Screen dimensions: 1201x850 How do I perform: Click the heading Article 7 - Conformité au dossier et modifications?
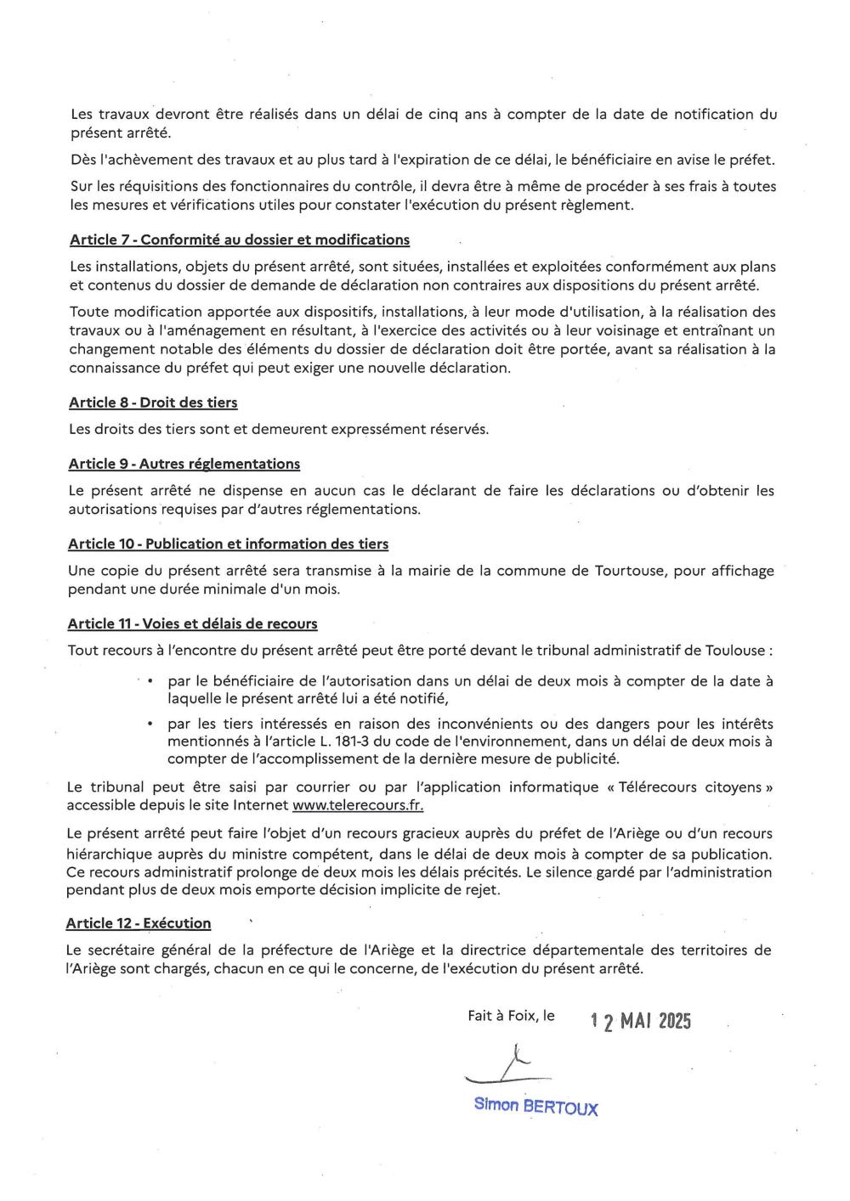tap(240, 240)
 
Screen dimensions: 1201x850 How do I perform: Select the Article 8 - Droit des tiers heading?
tap(153, 403)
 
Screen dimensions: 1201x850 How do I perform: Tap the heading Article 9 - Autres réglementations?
tap(184, 464)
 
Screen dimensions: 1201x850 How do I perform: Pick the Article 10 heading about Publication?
tap(228, 544)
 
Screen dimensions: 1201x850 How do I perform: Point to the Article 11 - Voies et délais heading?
tap(192, 624)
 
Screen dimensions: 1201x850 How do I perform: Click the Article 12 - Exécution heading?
tap(139, 923)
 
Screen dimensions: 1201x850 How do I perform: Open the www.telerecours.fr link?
tap(358, 805)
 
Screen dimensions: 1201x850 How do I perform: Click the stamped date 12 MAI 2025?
tap(641, 1021)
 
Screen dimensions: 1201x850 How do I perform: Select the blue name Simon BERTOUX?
tap(535, 1107)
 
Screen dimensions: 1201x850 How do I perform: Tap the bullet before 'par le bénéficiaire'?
tap(150, 681)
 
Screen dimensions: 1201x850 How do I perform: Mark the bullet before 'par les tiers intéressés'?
tap(150, 725)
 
